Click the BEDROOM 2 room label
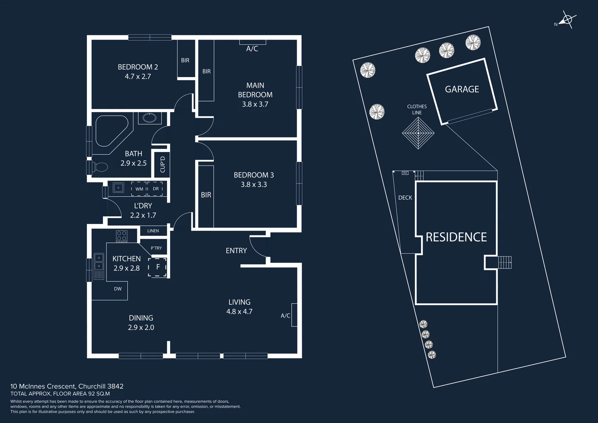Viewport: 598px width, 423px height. click(x=138, y=67)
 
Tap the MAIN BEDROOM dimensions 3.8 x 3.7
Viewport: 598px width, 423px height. click(x=255, y=104)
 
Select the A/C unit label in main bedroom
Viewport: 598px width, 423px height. click(x=252, y=49)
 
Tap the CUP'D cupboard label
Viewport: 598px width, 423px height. click(x=162, y=164)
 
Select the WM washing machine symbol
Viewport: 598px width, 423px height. click(x=139, y=189)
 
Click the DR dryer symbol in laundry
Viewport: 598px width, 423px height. click(x=156, y=189)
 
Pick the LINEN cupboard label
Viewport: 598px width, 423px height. click(x=153, y=231)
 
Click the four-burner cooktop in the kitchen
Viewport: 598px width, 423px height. click(x=121, y=237)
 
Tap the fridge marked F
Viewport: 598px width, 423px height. click(x=158, y=267)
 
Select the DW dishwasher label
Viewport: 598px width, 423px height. click(x=118, y=289)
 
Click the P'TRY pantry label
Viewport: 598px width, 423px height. click(x=156, y=248)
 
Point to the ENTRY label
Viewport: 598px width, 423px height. click(x=236, y=251)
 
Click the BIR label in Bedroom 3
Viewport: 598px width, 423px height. click(x=206, y=195)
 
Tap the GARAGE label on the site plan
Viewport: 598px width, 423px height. click(x=462, y=89)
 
